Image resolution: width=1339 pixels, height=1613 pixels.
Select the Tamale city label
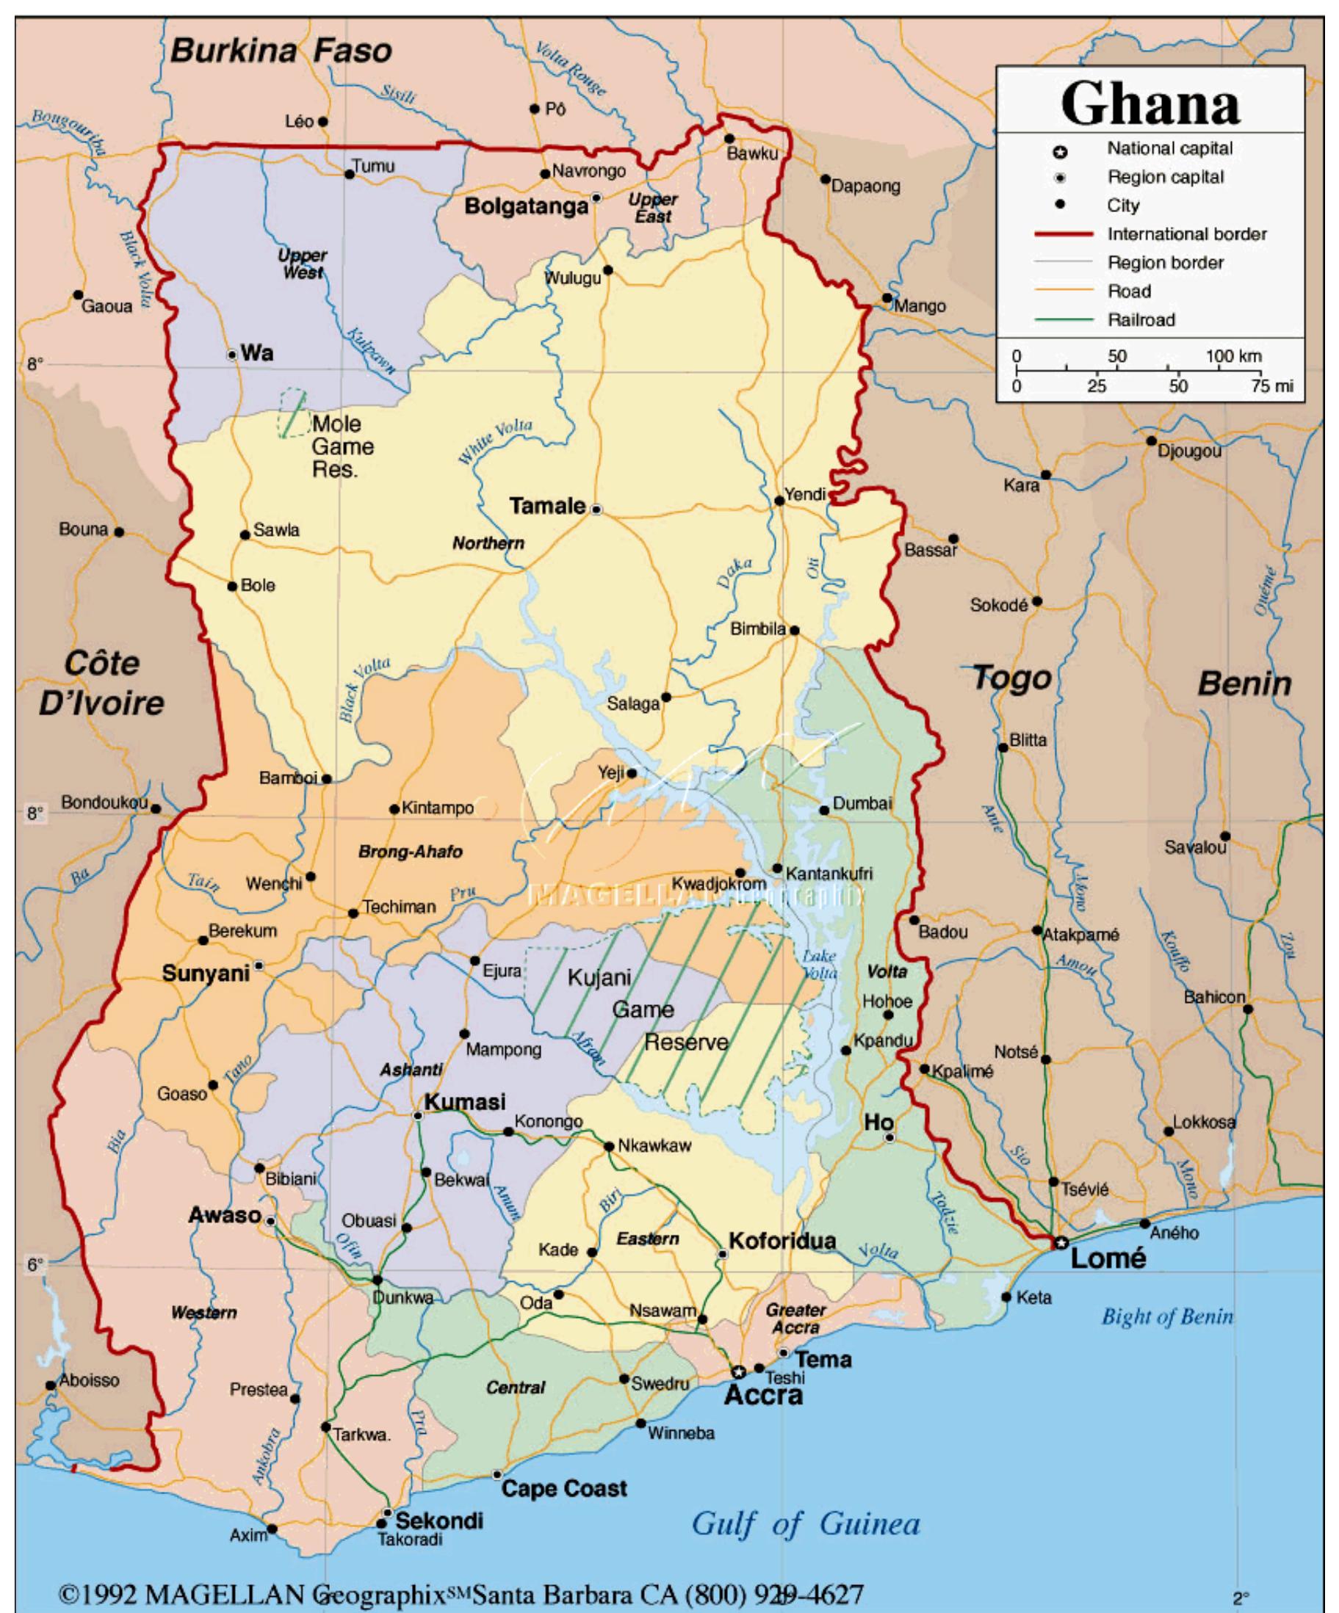click(547, 506)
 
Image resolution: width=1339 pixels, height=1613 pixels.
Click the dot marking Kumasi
click(419, 1115)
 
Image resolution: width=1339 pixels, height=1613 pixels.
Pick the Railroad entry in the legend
click(1141, 320)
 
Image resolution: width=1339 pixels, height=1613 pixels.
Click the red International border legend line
click(1062, 234)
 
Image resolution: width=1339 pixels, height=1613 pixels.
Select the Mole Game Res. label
click(342, 446)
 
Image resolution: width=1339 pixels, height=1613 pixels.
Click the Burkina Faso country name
click(281, 51)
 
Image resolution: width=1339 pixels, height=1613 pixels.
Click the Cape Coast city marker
click(497, 1475)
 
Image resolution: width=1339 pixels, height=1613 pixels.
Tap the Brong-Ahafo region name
click(411, 852)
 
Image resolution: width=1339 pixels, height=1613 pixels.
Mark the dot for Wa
click(232, 354)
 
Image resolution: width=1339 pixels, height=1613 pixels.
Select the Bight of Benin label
click(1166, 1316)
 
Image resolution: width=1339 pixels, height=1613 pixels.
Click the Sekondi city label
click(438, 1520)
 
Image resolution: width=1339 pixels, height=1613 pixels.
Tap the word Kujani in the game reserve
click(599, 978)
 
